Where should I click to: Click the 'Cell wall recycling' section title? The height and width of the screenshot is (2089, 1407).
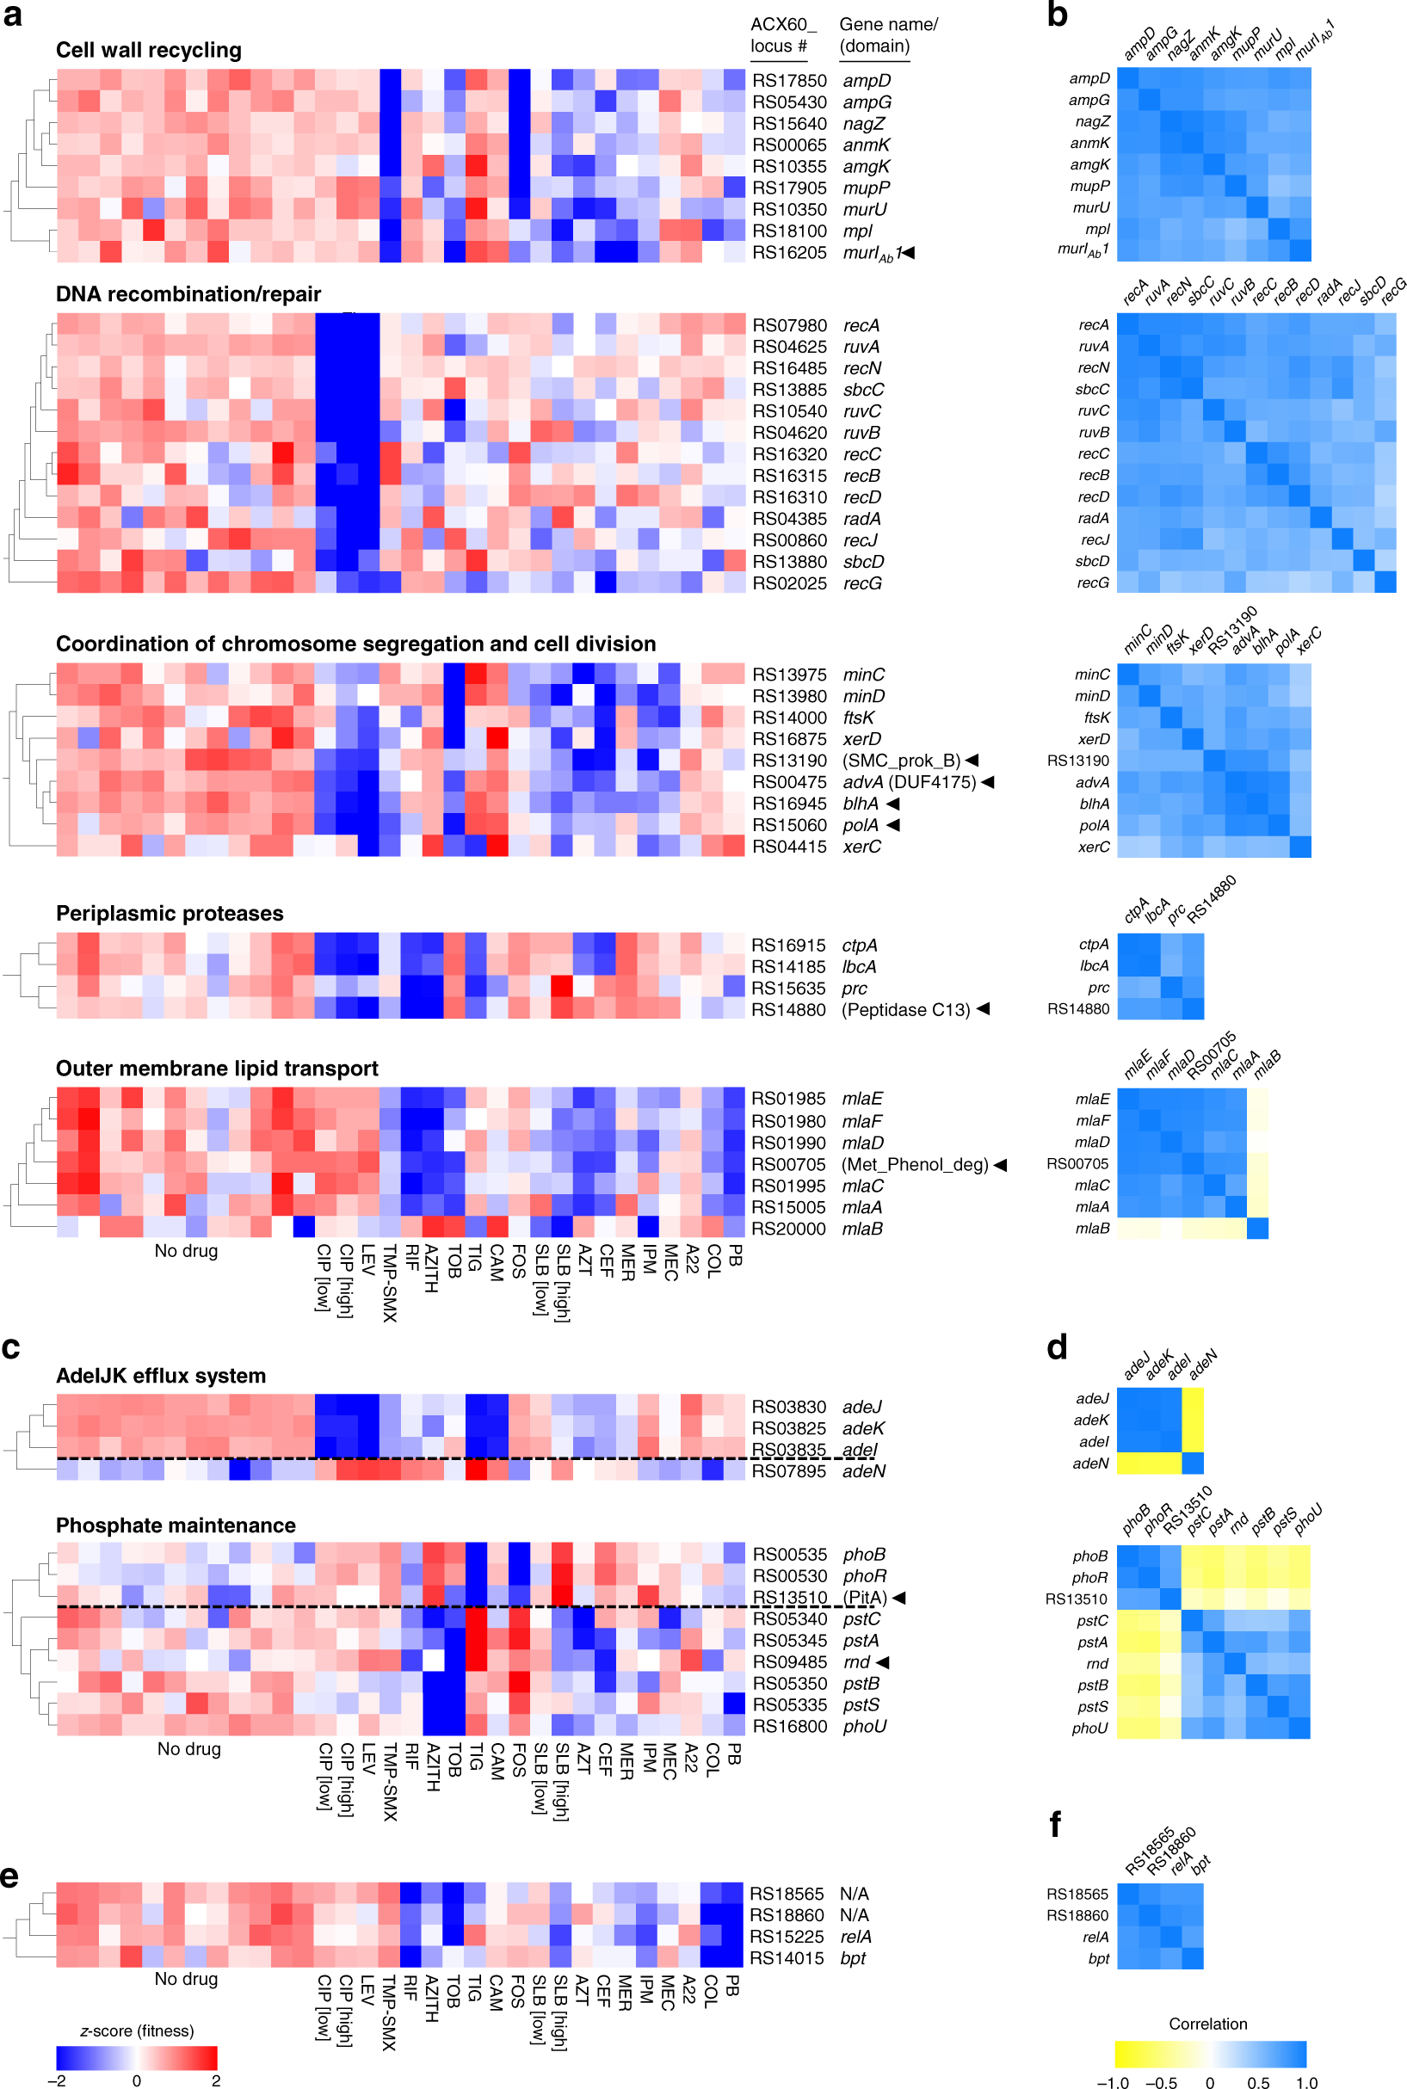[x=148, y=50]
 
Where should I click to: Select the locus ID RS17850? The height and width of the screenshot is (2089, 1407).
[x=789, y=81]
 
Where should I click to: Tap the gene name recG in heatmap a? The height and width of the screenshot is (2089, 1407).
[x=861, y=584]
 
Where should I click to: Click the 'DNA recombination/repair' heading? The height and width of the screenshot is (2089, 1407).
[x=188, y=294]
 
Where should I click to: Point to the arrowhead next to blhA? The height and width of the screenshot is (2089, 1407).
[x=893, y=804]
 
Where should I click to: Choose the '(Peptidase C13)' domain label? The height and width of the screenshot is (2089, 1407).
[x=905, y=1010]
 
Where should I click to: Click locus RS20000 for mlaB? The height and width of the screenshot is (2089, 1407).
[x=788, y=1229]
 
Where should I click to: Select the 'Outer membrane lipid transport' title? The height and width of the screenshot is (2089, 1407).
[x=216, y=1069]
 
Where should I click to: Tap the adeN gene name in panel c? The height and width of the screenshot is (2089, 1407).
[x=863, y=1471]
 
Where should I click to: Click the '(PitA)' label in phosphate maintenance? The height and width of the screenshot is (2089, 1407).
[x=864, y=1598]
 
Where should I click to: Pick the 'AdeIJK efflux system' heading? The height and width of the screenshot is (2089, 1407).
[x=161, y=1376]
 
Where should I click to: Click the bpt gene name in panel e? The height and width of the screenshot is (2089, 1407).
[x=853, y=1958]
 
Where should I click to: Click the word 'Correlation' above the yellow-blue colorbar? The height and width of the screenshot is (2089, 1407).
[x=1208, y=2024]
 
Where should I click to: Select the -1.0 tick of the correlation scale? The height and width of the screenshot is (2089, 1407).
[x=1113, y=2083]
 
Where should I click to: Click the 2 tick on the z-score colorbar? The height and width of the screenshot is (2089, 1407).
[x=215, y=2081]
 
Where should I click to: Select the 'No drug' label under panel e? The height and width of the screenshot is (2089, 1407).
[x=186, y=1979]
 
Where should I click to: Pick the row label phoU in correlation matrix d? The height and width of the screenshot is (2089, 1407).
[x=1089, y=1729]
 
